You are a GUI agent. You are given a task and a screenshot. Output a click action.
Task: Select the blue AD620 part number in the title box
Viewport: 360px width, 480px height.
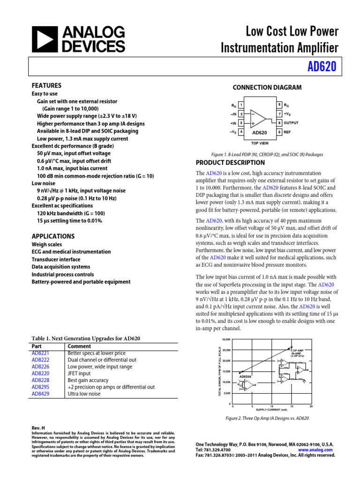point(322,67)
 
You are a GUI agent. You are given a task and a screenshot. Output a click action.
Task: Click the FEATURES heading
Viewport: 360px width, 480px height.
point(46,86)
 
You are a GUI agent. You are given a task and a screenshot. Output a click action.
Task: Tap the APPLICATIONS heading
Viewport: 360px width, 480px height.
point(53,236)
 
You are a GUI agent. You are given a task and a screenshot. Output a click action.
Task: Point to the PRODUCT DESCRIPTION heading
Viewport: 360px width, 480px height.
point(230,163)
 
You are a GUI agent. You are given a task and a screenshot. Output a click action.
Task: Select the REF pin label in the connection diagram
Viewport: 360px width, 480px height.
point(287,132)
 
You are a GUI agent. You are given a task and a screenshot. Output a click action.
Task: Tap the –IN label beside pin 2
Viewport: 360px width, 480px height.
point(233,114)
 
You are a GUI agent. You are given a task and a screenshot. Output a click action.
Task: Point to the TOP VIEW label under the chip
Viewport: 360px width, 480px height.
point(260,142)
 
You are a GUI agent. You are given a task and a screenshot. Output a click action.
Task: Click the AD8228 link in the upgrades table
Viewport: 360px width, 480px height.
point(40,380)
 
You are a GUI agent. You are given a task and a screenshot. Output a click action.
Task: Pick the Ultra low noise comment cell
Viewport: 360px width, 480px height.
point(84,394)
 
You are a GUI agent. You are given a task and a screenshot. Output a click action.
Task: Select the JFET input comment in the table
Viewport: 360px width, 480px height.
point(79,374)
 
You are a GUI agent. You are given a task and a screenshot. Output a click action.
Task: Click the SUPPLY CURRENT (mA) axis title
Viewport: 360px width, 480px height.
point(271,410)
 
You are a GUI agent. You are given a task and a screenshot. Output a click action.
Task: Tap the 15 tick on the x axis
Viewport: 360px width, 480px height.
point(292,406)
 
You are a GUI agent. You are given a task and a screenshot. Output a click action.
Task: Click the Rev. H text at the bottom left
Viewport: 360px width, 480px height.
point(38,427)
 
